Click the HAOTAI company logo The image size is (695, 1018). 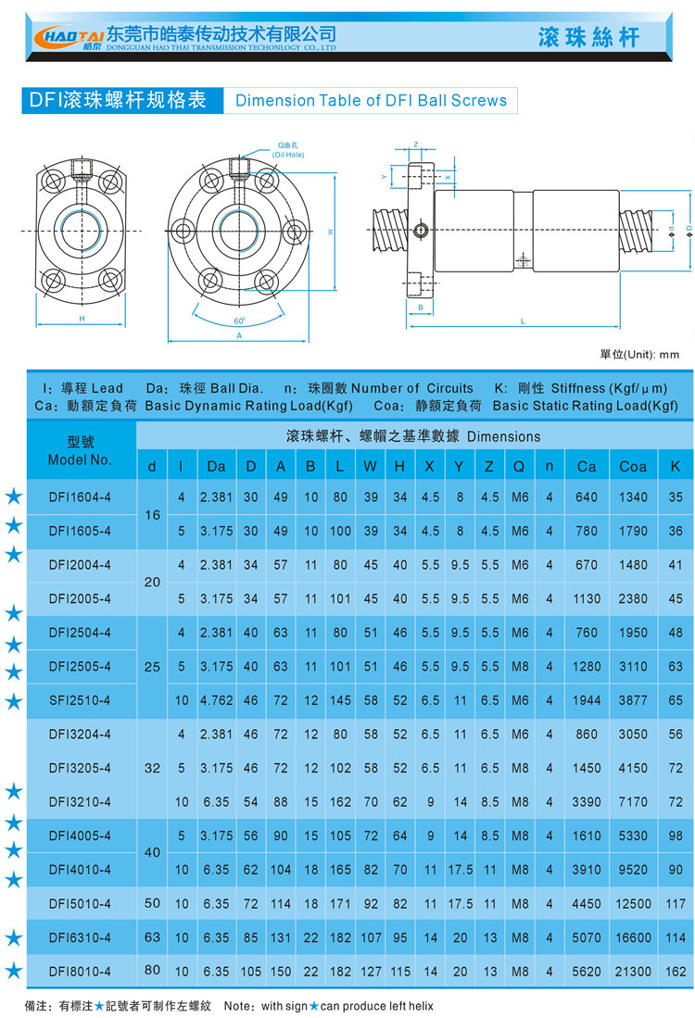69,37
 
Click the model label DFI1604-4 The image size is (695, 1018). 80,497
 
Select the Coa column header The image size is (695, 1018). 633,466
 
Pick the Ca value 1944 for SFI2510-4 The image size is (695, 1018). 587,700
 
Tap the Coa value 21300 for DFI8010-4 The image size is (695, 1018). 633,972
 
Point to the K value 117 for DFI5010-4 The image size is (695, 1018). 676,904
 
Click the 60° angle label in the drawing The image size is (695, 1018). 239,320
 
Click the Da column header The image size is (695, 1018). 216,466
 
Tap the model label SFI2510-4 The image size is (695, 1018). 80,700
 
